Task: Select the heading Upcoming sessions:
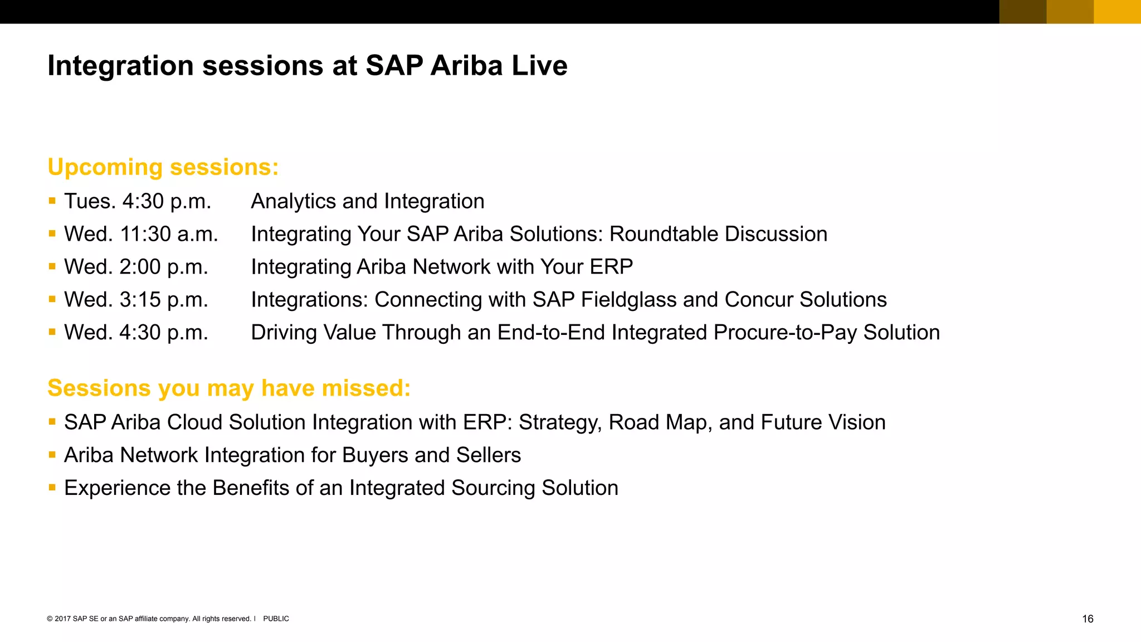pos(163,167)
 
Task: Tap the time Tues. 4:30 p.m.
pos(138,201)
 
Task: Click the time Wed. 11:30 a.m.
pos(141,234)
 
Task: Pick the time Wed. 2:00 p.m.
pos(136,267)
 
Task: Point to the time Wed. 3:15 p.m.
pos(136,300)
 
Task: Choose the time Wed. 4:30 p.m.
pos(136,333)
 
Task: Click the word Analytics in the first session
pos(293,201)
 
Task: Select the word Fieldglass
pos(628,300)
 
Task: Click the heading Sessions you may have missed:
pos(229,388)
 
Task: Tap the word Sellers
pos(489,455)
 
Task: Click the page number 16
pos(1088,619)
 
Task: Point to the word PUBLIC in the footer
pos(276,619)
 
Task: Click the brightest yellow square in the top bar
pos(1117,12)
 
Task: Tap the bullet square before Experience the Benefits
pos(52,487)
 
